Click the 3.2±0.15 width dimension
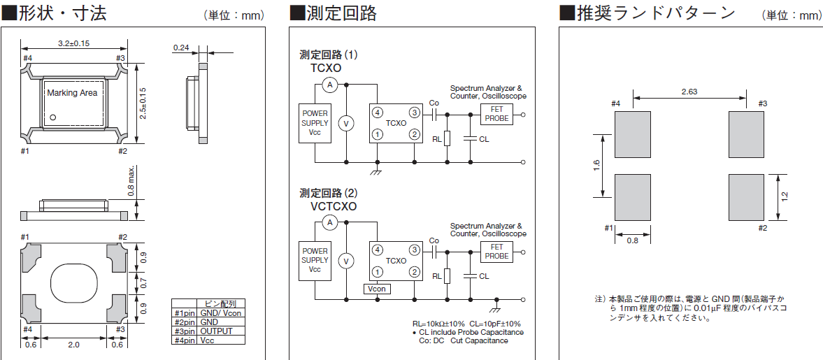coord(73,43)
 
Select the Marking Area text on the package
coord(72,92)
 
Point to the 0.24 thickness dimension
coord(181,48)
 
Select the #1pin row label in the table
coord(185,313)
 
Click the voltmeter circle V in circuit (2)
coord(344,261)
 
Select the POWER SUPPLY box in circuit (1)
coord(315,123)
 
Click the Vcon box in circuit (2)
coord(377,289)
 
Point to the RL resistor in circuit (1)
coord(448,138)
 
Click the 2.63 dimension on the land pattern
coord(689,92)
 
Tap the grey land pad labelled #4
coord(632,134)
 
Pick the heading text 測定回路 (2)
coord(329,193)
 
